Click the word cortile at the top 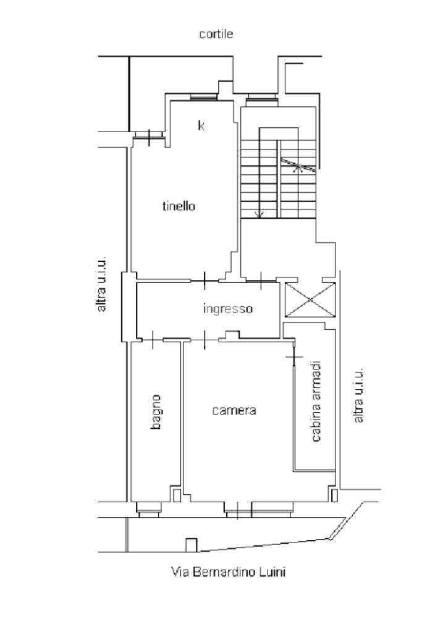pyautogui.click(x=216, y=34)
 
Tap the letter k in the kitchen pyautogui.click(x=201, y=125)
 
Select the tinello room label pyautogui.click(x=179, y=206)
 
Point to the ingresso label pyautogui.click(x=228, y=309)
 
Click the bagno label pyautogui.click(x=156, y=411)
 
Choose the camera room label pyautogui.click(x=234, y=410)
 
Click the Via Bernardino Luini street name pyautogui.click(x=228, y=571)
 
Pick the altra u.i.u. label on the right pyautogui.click(x=358, y=395)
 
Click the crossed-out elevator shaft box pyautogui.click(x=310, y=300)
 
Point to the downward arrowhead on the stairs pyautogui.click(x=260, y=214)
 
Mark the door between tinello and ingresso pyautogui.click(x=205, y=280)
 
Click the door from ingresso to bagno pyautogui.click(x=153, y=340)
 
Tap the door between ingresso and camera pyautogui.click(x=205, y=340)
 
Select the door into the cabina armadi pyautogui.click(x=294, y=356)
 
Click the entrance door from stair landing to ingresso pyautogui.click(x=261, y=280)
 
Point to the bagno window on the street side pyautogui.click(x=148, y=509)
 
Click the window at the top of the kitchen pyautogui.click(x=203, y=98)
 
